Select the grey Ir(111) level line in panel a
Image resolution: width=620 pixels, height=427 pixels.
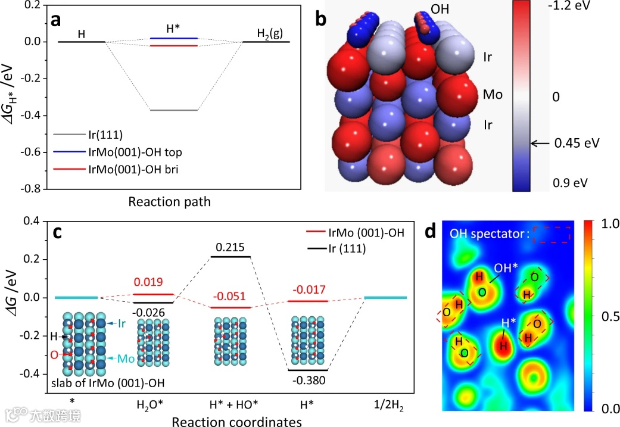coord(174,110)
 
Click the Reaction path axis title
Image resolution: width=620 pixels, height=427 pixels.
coord(169,202)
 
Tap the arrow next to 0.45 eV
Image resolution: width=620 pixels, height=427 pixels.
coord(540,144)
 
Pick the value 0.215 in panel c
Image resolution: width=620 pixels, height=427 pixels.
coord(231,246)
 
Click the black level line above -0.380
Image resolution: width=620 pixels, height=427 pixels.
coord(307,370)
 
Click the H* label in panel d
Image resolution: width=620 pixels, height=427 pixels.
coord(509,323)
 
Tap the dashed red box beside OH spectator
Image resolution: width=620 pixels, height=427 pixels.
coord(551,235)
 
